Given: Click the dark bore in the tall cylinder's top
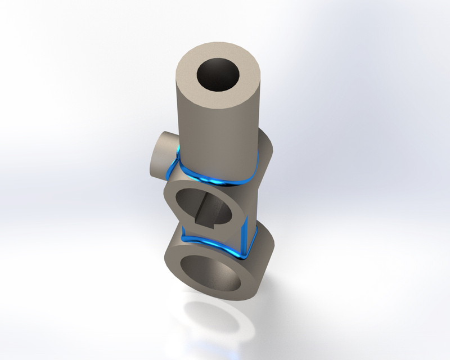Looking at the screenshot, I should (219, 73).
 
